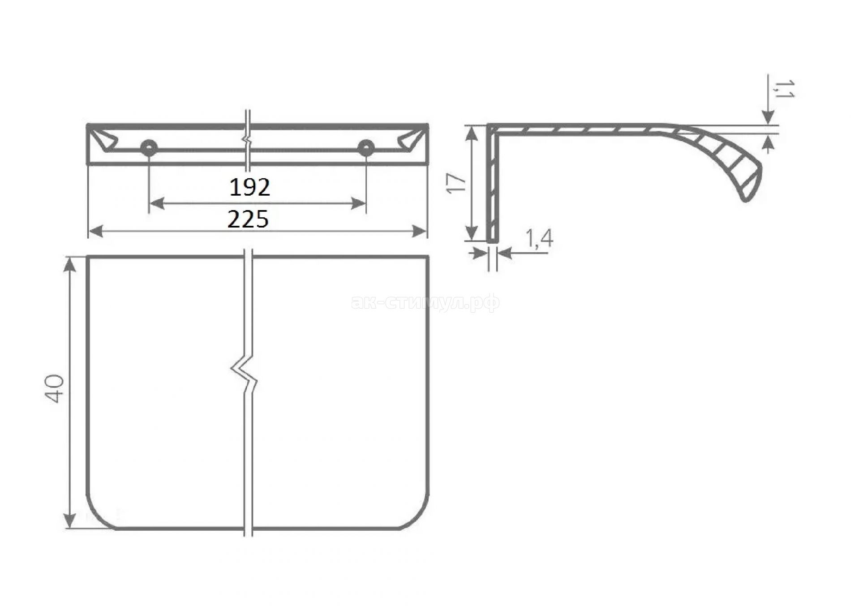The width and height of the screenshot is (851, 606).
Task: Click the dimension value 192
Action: coord(250,187)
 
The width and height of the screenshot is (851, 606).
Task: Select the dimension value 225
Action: coord(249,219)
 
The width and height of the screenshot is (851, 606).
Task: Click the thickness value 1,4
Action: coord(537,239)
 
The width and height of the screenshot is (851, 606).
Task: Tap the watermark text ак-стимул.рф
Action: coord(425,304)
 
